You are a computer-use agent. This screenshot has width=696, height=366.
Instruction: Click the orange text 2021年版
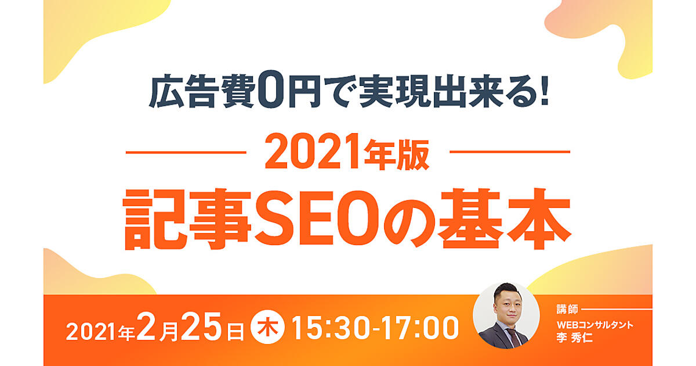click(347, 152)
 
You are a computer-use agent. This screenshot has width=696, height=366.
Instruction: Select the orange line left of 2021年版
click(186, 152)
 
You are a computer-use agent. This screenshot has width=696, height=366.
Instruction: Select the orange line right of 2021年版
click(510, 152)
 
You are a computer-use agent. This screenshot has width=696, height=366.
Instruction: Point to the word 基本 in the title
click(505, 218)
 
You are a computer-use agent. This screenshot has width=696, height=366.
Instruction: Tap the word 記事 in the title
click(187, 219)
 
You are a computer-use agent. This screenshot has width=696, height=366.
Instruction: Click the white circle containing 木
click(267, 329)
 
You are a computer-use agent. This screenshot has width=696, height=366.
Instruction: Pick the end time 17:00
click(420, 328)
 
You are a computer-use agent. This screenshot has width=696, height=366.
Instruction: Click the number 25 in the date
click(201, 326)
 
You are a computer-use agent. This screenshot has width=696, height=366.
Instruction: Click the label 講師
click(567, 309)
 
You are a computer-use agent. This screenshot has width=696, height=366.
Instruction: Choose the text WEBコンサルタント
click(594, 325)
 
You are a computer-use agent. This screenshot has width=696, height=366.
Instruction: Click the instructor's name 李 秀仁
click(574, 338)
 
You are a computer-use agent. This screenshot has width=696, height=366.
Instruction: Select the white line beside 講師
click(617, 309)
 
